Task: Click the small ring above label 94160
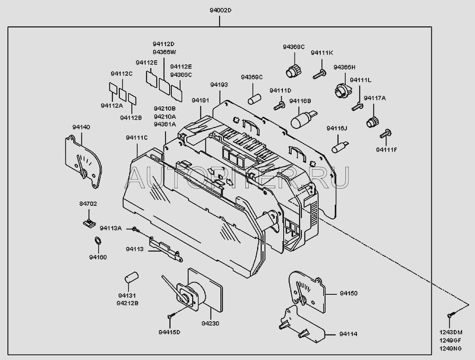click(98, 240)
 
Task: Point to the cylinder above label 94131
click(132, 277)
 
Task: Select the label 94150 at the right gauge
click(348, 293)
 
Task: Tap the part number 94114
click(348, 334)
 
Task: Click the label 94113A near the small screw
click(111, 228)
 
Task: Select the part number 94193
click(219, 85)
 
